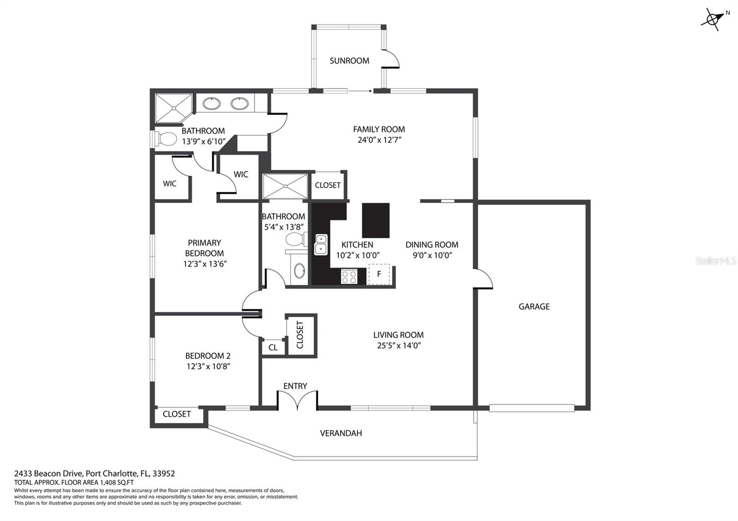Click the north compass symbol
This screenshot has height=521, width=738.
[713, 19]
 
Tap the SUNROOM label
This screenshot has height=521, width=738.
[349, 60]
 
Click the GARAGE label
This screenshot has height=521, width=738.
[534, 307]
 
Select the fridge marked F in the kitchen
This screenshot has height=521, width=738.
[379, 274]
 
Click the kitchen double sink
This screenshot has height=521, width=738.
[321, 245]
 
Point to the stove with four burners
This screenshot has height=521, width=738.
[349, 276]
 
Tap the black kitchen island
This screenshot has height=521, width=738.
[375, 220]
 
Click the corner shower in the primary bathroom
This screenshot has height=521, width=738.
[173, 108]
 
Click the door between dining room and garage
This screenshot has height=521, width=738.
[483, 278]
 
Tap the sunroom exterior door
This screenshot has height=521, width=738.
[391, 59]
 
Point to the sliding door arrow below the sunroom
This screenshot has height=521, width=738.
[360, 91]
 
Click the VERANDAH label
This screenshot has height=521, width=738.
[341, 433]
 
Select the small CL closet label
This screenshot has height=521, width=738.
[273, 348]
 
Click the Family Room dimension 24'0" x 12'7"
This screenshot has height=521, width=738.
[379, 140]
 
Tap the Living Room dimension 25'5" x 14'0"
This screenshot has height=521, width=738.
[399, 345]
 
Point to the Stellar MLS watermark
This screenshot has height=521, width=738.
[715, 261]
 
